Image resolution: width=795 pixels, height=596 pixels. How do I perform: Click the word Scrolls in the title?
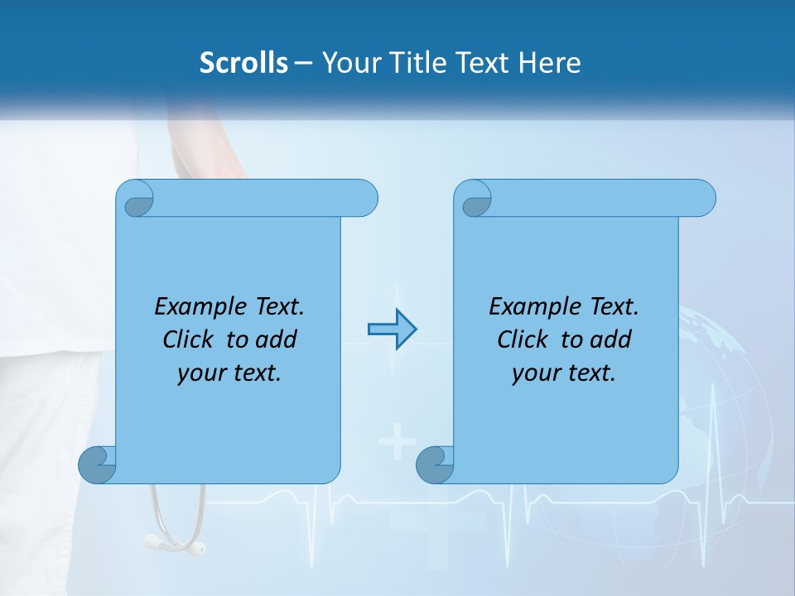point(243,63)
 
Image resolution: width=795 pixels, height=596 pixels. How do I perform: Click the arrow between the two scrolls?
point(392,329)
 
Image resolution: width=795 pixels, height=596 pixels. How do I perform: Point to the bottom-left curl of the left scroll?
point(97,464)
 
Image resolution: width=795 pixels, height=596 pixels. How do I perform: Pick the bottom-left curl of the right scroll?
point(435,464)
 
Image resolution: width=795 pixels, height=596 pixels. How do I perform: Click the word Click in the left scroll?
point(186,340)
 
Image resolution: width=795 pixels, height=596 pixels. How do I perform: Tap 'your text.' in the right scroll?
point(564,373)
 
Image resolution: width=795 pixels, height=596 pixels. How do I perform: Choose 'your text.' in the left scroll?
point(229,373)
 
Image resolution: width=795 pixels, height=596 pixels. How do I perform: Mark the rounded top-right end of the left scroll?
point(364,198)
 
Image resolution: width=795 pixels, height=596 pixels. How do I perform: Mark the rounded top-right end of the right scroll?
point(702,198)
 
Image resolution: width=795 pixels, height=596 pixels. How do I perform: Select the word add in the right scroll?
point(611,340)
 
